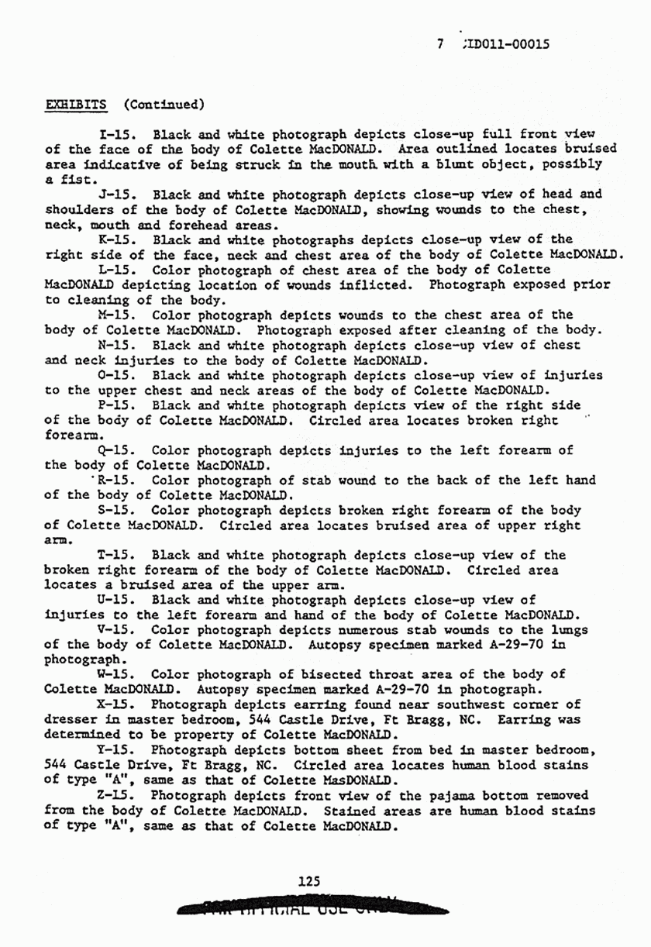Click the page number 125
pyautogui.click(x=309, y=881)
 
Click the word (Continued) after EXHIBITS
pyautogui.click(x=164, y=104)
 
